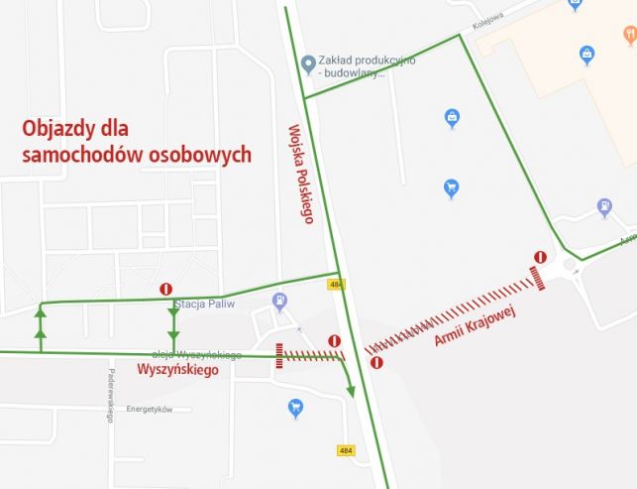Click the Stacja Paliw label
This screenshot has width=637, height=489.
203,303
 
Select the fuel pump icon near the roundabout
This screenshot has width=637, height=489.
603,207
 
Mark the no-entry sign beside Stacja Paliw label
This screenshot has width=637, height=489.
166,289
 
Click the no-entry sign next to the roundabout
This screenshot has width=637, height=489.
540,257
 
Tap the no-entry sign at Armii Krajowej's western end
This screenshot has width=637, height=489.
376,363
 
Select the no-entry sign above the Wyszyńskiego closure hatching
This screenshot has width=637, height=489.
334,341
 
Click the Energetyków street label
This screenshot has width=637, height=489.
151,409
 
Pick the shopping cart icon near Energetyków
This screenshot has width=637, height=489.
294,407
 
